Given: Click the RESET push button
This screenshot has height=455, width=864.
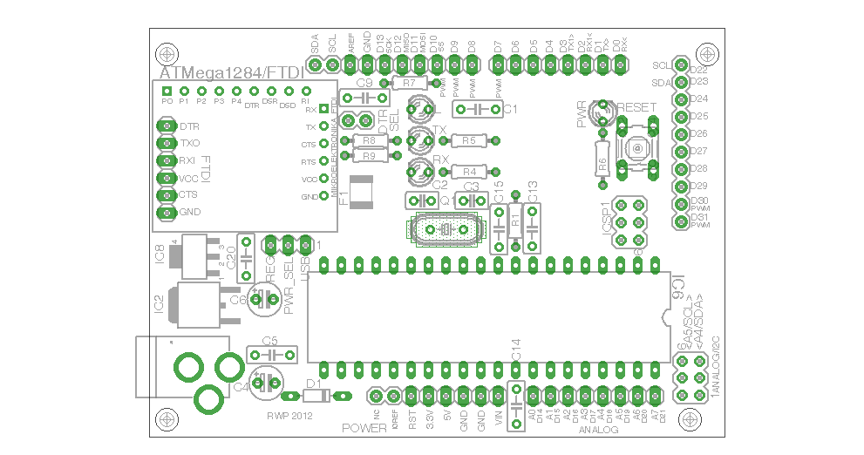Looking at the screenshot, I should coord(637,149).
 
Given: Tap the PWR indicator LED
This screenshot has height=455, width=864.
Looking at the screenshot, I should coord(600,111).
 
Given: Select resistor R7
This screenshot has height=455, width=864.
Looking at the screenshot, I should coord(411,83).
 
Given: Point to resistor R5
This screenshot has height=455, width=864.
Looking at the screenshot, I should coord(469,140).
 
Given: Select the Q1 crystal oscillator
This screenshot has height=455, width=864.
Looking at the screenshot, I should coord(444,229).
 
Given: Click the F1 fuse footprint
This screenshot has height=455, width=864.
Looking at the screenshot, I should coord(361,189).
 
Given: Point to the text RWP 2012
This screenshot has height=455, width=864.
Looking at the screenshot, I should coord(289,416).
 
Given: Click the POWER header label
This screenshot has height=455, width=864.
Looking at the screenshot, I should coord(364,428).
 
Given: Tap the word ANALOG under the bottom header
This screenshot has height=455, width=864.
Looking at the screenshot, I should coord(599,431).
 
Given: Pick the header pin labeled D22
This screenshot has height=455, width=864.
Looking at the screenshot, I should coord(679,67).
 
